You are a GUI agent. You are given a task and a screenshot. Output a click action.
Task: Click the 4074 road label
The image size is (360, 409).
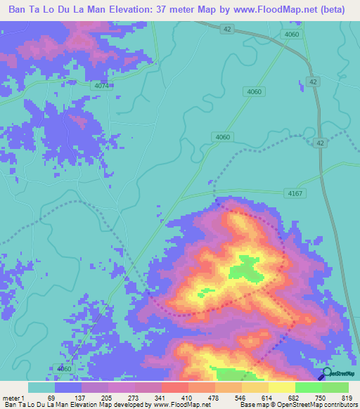click(102, 85)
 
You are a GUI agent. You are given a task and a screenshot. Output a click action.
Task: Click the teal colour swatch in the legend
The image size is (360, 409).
click(41, 388)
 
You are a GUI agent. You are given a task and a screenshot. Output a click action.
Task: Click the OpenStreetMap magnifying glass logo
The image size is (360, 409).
click(326, 373)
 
